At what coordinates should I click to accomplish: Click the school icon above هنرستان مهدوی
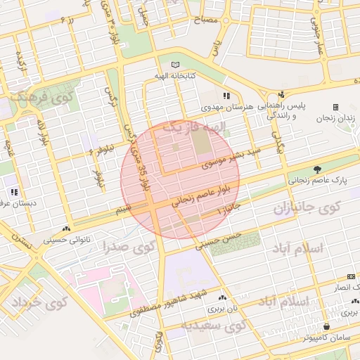[x=226, y=96]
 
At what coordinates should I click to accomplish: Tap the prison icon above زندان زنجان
[x=335, y=107]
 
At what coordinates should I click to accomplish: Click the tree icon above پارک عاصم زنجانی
[x=317, y=169]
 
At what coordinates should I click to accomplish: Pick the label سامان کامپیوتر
[x=328, y=338]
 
